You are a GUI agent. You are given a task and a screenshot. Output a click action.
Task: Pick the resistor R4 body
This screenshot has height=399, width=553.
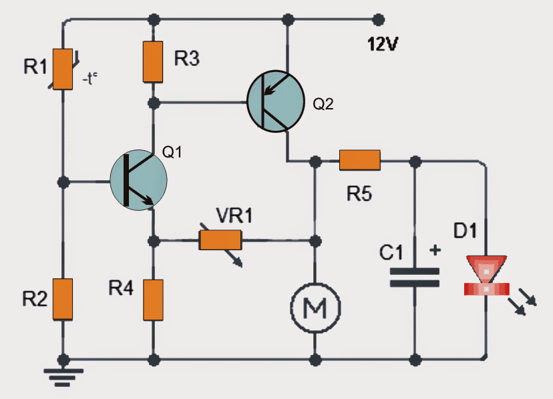(x=154, y=301)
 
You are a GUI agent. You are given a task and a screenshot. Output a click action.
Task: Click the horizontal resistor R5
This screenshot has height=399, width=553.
(x=359, y=160)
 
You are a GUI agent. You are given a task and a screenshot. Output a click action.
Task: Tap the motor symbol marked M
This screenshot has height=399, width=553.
(x=315, y=308)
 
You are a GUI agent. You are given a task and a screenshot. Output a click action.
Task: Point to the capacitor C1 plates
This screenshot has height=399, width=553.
(x=415, y=277)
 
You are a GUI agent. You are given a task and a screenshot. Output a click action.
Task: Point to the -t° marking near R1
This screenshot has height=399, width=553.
(x=91, y=78)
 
